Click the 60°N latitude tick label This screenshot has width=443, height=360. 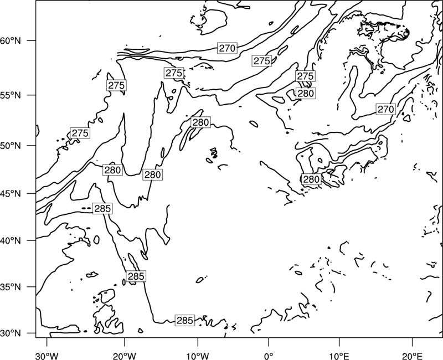pyautogui.click(x=11, y=41)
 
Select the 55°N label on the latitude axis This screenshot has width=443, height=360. pyautogui.click(x=11, y=95)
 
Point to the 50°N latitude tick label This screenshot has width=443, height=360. pyautogui.click(x=11, y=146)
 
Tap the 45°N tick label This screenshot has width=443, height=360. pyautogui.click(x=11, y=194)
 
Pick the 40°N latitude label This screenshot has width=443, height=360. pyautogui.click(x=11, y=241)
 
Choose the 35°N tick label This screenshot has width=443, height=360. pyautogui.click(x=11, y=287)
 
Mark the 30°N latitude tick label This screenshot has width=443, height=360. pyautogui.click(x=11, y=333)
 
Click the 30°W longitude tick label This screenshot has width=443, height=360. pyautogui.click(x=47, y=356)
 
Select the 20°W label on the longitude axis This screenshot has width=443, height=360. pyautogui.click(x=125, y=356)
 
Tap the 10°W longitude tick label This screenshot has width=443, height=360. pyautogui.click(x=198, y=356)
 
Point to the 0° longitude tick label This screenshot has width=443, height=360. pyautogui.click(x=269, y=356)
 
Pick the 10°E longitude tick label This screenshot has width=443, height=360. pyautogui.click(x=339, y=356)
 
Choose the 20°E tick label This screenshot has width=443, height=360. pyautogui.click(x=412, y=356)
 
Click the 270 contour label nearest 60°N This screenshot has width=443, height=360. pyautogui.click(x=227, y=48)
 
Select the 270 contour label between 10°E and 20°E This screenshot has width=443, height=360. pyautogui.click(x=385, y=109)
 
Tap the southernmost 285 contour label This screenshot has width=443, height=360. pyautogui.click(x=185, y=320)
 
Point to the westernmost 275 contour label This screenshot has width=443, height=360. pyautogui.click(x=80, y=133)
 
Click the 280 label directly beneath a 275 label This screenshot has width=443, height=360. pyautogui.click(x=306, y=93)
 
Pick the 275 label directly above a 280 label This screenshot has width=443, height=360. pyautogui.click(x=306, y=76)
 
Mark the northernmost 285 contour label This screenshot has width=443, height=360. pyautogui.click(x=102, y=209)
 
